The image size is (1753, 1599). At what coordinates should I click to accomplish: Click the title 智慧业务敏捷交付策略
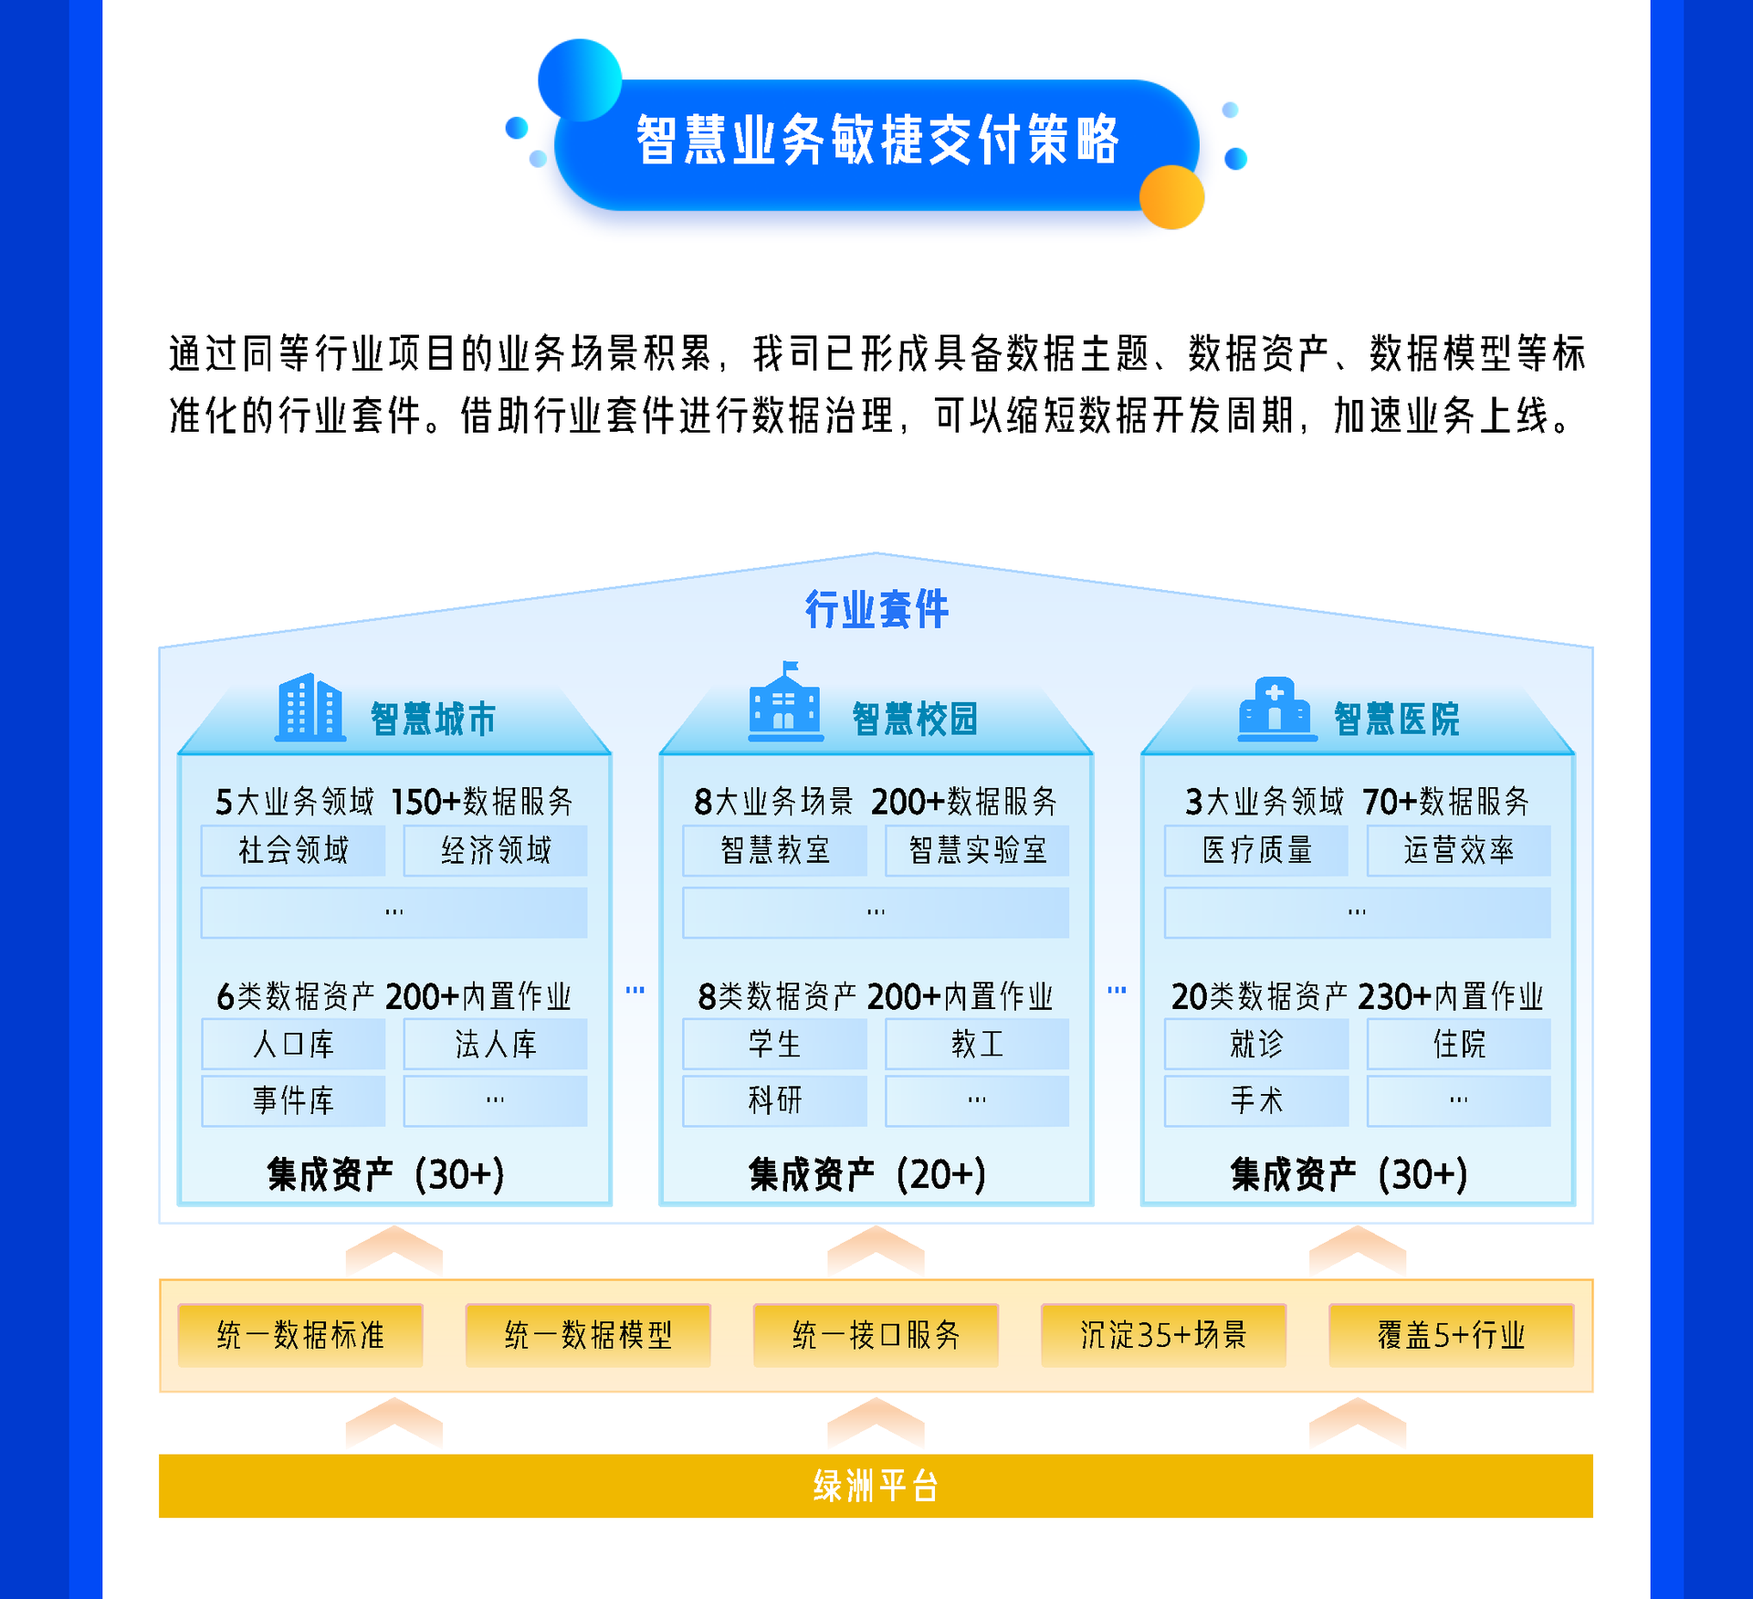click(x=876, y=141)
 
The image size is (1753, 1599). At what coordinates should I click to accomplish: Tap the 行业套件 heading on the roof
click(x=876, y=609)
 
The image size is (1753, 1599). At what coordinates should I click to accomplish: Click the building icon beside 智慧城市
click(x=310, y=707)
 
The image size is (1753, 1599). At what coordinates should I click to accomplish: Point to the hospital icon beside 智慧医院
click(x=1275, y=709)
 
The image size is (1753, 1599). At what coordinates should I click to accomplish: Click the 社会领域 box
click(x=293, y=850)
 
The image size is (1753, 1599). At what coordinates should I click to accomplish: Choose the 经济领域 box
click(x=496, y=850)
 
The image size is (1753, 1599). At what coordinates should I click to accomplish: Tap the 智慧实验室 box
click(x=977, y=850)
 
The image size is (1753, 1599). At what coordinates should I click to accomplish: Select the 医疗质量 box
click(x=1256, y=850)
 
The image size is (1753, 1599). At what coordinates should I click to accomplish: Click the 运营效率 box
click(x=1459, y=850)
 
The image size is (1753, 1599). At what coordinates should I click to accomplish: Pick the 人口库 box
click(x=293, y=1044)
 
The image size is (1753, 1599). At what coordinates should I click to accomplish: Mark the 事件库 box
click(x=293, y=1100)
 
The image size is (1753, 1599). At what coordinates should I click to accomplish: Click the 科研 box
click(x=774, y=1100)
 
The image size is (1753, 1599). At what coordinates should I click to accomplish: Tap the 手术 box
click(x=1256, y=1100)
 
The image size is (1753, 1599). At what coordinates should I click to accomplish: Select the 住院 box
click(x=1459, y=1044)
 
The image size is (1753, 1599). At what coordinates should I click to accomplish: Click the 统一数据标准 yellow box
click(x=300, y=1335)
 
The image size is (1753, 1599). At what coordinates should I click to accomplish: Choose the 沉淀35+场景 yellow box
click(x=1163, y=1335)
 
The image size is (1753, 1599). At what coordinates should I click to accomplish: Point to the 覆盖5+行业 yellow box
click(x=1451, y=1335)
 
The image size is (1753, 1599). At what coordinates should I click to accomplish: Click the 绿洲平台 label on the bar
click(x=876, y=1486)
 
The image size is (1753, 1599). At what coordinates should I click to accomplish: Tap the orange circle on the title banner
click(x=1172, y=197)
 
